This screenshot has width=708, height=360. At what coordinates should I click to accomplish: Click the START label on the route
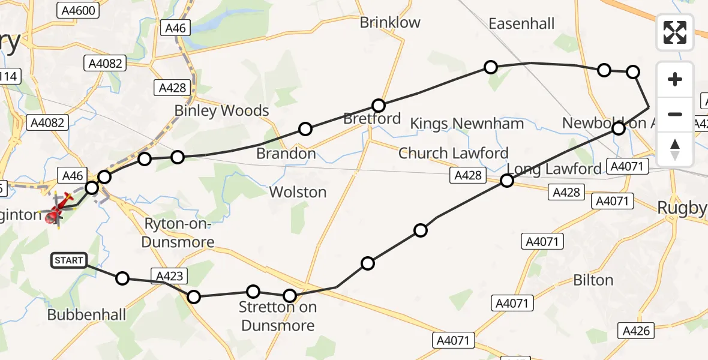pyautogui.click(x=69, y=260)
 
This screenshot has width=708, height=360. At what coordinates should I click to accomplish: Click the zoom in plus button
pyautogui.click(x=675, y=80)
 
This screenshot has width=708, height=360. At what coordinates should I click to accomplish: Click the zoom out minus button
pyautogui.click(x=675, y=114)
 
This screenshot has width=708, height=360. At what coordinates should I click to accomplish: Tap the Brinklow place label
pyautogui.click(x=390, y=23)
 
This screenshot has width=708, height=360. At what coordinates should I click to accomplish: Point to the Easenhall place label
pyautogui.click(x=521, y=23)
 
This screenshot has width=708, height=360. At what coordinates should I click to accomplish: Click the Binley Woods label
pyautogui.click(x=221, y=110)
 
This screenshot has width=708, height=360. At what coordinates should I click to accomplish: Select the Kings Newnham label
pyautogui.click(x=467, y=124)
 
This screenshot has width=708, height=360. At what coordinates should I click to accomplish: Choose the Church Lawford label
pyautogui.click(x=453, y=153)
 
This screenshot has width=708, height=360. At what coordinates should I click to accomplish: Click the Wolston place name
pyautogui.click(x=298, y=192)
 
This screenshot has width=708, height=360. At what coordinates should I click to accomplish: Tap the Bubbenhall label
pyautogui.click(x=86, y=314)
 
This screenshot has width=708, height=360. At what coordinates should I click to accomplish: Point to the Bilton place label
pyautogui.click(x=593, y=280)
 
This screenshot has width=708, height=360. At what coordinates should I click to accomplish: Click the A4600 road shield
pyautogui.click(x=77, y=10)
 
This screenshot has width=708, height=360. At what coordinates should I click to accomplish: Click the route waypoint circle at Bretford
pyautogui.click(x=378, y=106)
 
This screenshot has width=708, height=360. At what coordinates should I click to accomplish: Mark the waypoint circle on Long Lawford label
pyautogui.click(x=507, y=181)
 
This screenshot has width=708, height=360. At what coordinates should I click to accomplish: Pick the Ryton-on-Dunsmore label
pyautogui.click(x=179, y=233)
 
